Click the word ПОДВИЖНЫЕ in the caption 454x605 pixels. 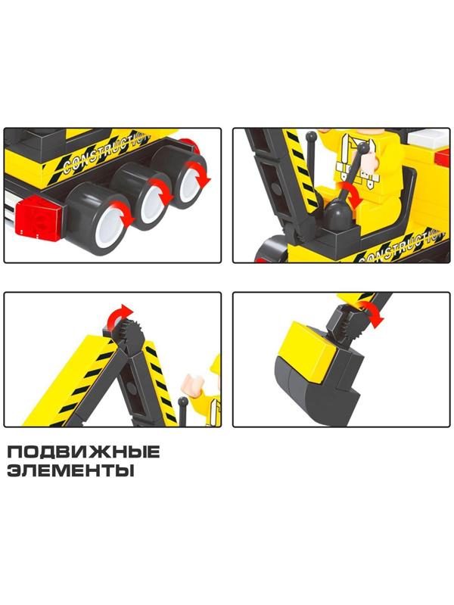click(83, 451)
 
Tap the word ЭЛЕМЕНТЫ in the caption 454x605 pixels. click(71, 470)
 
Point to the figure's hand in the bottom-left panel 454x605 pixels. click(194, 383)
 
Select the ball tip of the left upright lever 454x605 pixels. click(310, 137)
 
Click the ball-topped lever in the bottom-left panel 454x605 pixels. click(184, 410)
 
